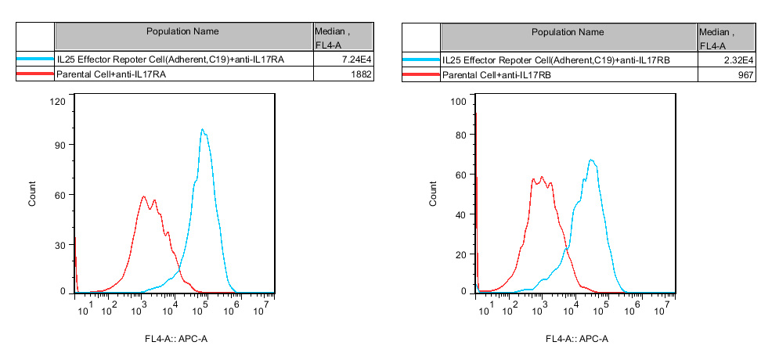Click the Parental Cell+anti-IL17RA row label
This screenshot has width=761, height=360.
[x=114, y=74]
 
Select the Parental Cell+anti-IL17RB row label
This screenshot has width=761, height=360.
[x=497, y=74]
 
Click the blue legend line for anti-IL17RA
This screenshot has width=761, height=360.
[x=34, y=59]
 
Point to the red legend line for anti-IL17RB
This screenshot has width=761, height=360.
[x=420, y=74]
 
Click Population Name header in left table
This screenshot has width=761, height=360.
[x=182, y=31]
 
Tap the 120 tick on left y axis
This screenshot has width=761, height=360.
[x=57, y=101]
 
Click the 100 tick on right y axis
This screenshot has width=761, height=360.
[x=458, y=102]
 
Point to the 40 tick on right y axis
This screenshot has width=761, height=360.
[x=460, y=215]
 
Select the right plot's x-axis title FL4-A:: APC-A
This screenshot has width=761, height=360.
[x=577, y=339]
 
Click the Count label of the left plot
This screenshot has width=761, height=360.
[x=32, y=194]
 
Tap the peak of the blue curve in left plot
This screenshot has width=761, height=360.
[x=202, y=130]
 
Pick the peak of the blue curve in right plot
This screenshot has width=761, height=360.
[x=591, y=160]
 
